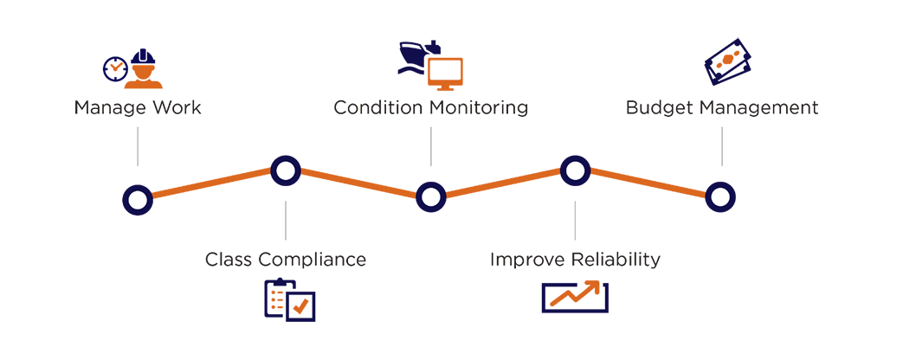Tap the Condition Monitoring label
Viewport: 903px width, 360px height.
point(431,109)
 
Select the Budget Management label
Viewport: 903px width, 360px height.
point(724,109)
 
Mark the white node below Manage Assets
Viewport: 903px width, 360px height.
point(136,200)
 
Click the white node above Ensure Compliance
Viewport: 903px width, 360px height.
point(284,170)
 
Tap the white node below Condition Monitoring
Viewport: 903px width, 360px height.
point(431,198)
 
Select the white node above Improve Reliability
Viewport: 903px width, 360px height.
point(574,170)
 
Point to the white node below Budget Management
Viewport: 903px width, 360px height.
point(720,198)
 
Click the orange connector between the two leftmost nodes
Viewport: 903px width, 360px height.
point(210,183)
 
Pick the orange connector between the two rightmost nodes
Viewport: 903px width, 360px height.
point(648,183)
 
